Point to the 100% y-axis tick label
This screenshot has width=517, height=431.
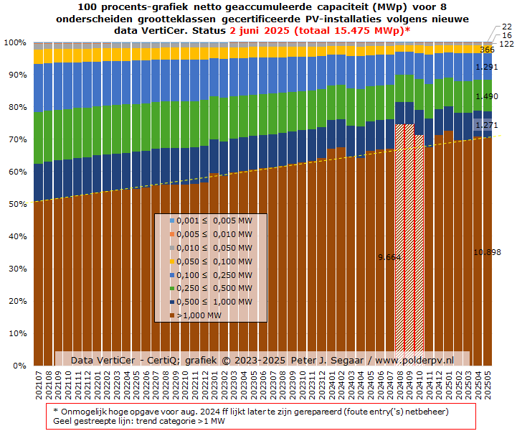14,42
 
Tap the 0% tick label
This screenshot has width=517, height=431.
19,366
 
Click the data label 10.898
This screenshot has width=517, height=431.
487,252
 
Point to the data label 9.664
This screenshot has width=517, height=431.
389,256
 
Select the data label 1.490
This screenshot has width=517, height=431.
487,96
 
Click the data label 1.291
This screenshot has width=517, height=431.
487,68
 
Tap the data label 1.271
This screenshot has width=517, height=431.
487,125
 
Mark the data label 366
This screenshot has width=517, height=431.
488,50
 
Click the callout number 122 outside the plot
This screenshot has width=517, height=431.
506,44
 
